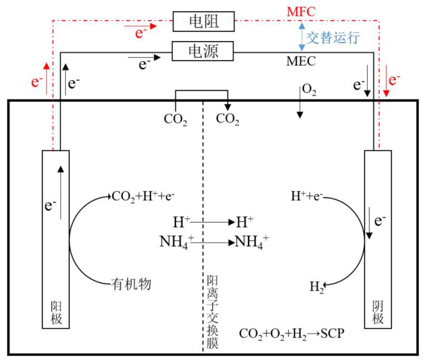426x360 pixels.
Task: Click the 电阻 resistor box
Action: point(203,21)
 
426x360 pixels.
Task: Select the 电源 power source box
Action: point(203,51)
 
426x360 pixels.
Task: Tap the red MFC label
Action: point(301,11)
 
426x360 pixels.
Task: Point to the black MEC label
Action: point(301,61)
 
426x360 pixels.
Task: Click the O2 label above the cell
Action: point(309,89)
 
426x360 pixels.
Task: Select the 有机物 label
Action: point(131,284)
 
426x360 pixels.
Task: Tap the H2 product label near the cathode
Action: point(317,287)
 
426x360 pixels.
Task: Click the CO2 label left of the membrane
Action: point(176,120)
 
